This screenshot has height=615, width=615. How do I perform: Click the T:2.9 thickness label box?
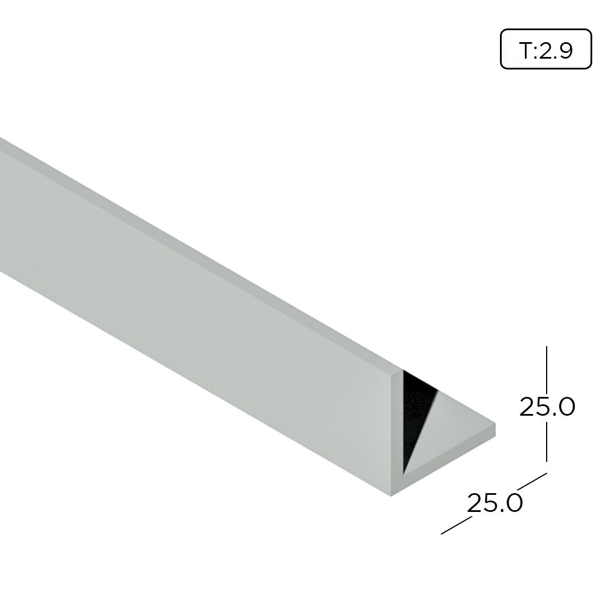(546, 49)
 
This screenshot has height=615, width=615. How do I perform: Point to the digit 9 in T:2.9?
(565, 51)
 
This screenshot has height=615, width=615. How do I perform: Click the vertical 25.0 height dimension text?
(547, 407)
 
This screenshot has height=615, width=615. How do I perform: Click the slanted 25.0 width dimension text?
(495, 503)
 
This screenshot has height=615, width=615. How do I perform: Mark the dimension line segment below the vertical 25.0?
(547, 442)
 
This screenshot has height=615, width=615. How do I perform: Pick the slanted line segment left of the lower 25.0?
(456, 526)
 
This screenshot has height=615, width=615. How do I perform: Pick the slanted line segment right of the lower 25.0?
(532, 482)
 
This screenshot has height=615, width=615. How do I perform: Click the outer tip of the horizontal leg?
(494, 429)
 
